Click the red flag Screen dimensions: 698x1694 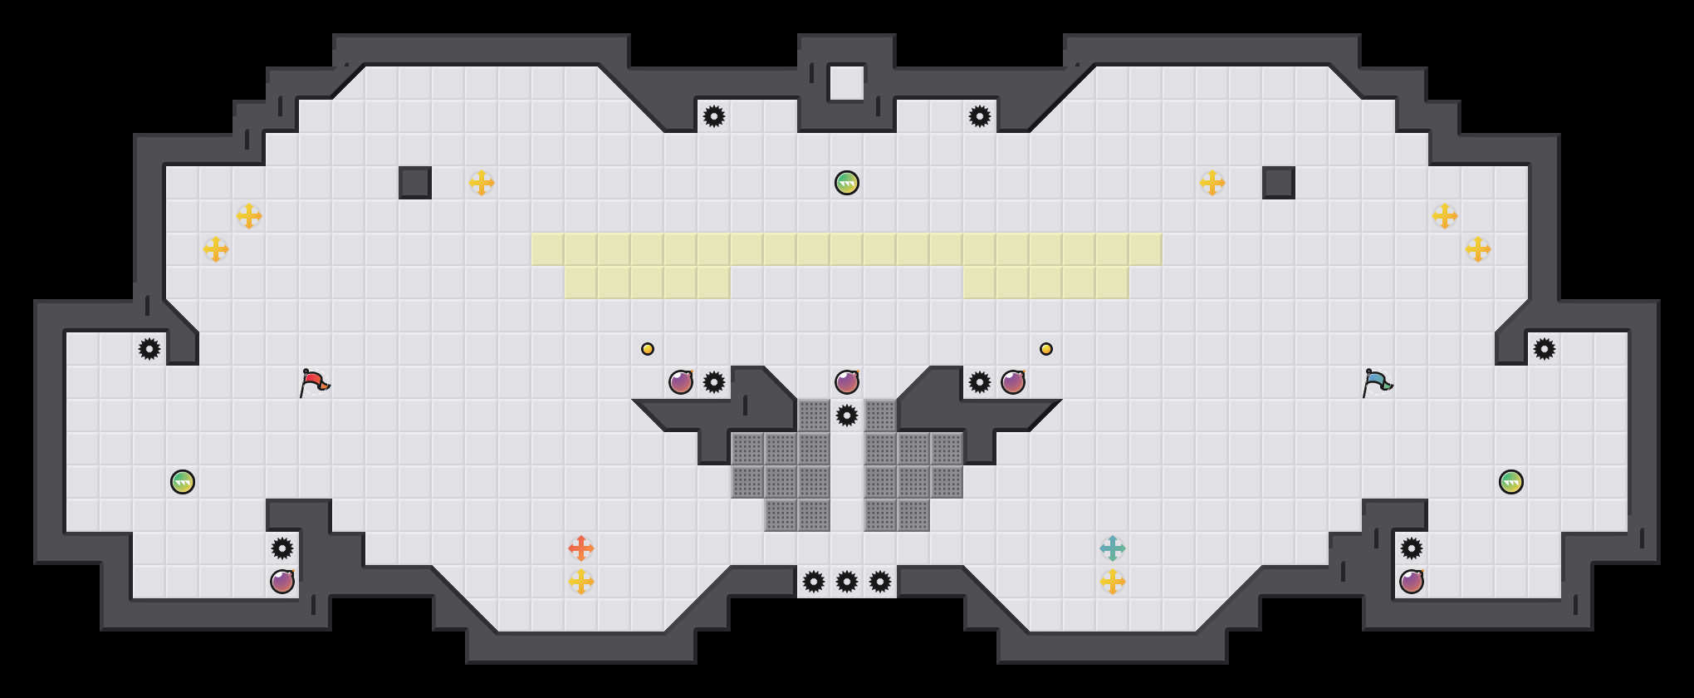(x=314, y=382)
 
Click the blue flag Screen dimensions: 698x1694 (x=1377, y=382)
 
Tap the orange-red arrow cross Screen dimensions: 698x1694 (x=581, y=548)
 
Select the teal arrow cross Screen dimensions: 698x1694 (x=1113, y=548)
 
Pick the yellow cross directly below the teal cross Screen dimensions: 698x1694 (x=1113, y=582)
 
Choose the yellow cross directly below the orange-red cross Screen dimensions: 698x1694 (x=581, y=582)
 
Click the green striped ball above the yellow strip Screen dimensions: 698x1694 (x=847, y=183)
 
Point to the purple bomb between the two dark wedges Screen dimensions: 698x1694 (x=847, y=382)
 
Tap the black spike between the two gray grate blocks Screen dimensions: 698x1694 (x=847, y=415)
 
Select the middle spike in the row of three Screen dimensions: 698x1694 (x=847, y=582)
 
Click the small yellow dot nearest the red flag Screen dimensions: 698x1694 (x=648, y=349)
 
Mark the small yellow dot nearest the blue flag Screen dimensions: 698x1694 (x=1046, y=349)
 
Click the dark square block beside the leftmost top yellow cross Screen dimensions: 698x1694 (x=415, y=183)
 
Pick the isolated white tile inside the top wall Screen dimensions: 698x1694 (x=847, y=83)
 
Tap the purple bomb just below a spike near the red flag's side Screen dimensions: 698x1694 (x=282, y=582)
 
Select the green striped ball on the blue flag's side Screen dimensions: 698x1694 (x=1511, y=482)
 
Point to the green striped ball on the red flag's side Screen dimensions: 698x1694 (x=183, y=482)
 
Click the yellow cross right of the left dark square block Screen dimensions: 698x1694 (x=482, y=183)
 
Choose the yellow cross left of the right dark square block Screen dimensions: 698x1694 (x=1212, y=183)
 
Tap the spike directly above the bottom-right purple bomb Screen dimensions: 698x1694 (x=1412, y=548)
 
